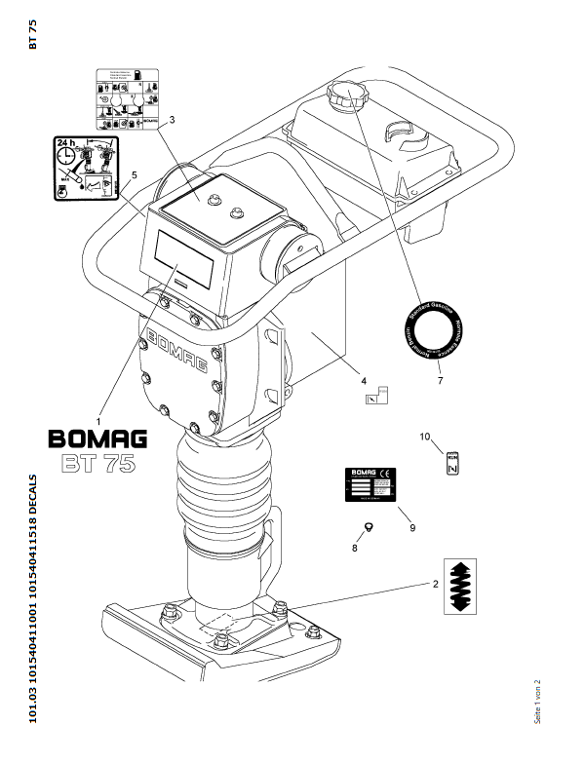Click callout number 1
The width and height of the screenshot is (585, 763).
tap(98, 421)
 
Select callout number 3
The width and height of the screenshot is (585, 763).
tap(172, 121)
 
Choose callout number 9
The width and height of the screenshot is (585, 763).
tap(412, 527)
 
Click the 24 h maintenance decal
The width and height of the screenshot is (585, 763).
tap(80, 168)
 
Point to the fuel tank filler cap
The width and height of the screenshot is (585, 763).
tap(344, 95)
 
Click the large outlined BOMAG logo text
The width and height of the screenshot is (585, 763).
tap(98, 439)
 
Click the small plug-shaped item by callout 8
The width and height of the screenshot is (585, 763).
tap(369, 527)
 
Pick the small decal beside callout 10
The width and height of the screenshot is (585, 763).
tap(452, 463)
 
